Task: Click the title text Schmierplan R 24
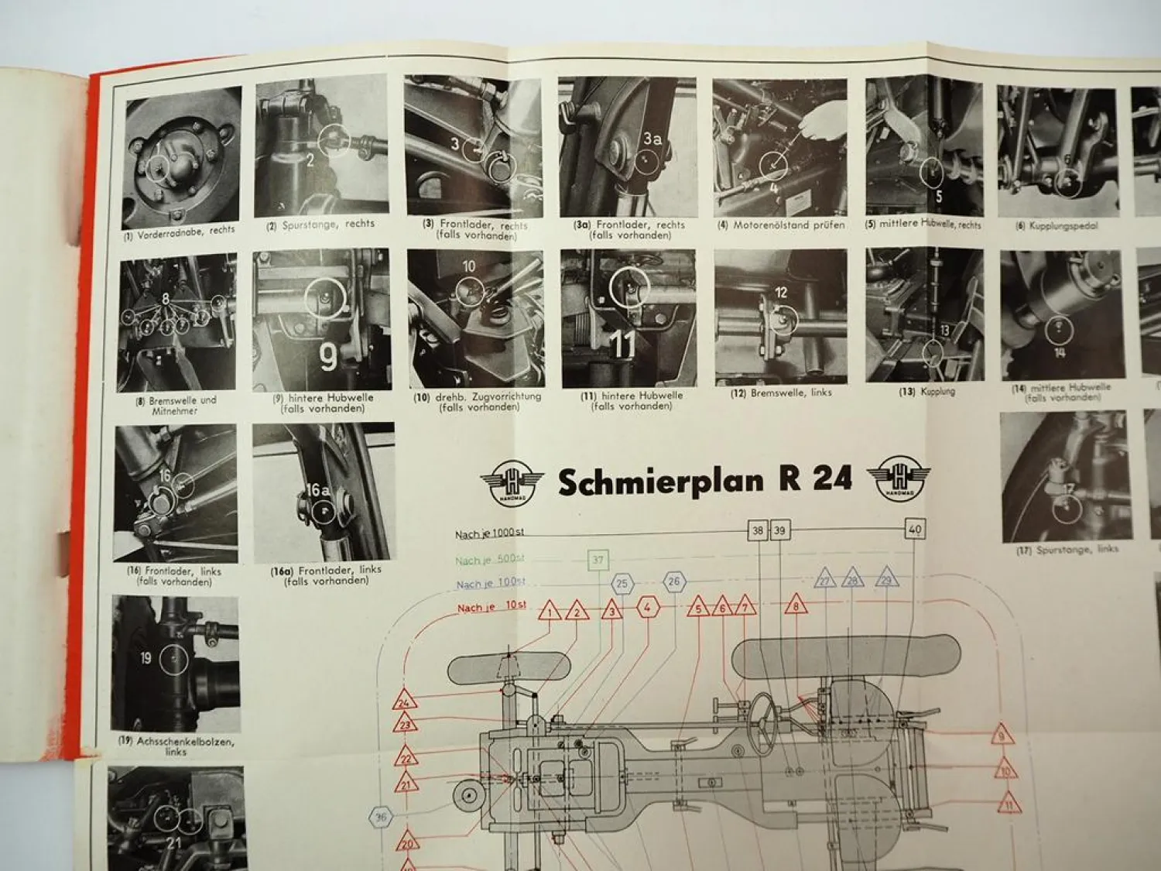(x=704, y=481)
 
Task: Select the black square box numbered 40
(x=915, y=530)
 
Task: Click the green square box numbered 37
(x=598, y=560)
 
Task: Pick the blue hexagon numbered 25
(x=622, y=584)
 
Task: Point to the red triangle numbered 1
(x=550, y=611)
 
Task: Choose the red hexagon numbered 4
(x=647, y=608)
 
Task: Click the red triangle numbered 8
(x=796, y=605)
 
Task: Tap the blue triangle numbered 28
(x=852, y=579)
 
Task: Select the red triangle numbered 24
(x=404, y=701)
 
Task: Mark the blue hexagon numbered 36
(x=380, y=817)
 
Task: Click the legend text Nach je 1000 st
(x=490, y=534)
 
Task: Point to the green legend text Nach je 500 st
(x=490, y=561)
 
